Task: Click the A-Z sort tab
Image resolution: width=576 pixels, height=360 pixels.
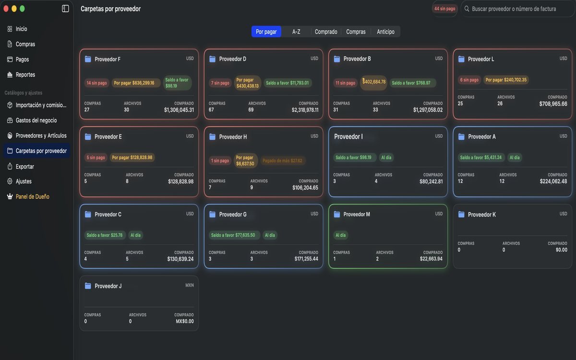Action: (x=296, y=32)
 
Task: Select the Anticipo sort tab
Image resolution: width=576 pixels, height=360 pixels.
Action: (x=385, y=32)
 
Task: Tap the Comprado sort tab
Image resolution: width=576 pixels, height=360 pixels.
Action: (x=326, y=32)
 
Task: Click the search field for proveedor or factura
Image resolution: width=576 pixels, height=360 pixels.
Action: (x=517, y=9)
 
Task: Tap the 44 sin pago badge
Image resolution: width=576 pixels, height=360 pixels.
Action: (x=444, y=9)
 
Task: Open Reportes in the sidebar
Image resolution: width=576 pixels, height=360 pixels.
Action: (x=25, y=74)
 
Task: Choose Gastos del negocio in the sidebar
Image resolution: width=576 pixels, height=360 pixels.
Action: (x=36, y=120)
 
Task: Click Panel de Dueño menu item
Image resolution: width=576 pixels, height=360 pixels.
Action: (x=33, y=197)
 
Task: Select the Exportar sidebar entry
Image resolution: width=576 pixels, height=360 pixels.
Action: (x=24, y=167)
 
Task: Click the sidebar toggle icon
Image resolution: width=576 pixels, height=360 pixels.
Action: (x=65, y=9)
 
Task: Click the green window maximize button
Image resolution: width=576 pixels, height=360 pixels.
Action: (x=23, y=9)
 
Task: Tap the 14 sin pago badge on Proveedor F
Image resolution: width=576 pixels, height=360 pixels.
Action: (x=96, y=83)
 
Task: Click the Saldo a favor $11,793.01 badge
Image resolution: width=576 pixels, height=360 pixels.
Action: (x=287, y=83)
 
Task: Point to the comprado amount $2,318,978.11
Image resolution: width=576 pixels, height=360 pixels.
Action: (x=305, y=110)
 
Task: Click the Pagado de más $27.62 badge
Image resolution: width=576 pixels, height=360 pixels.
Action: (x=282, y=161)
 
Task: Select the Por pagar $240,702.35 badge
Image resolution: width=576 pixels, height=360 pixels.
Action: (x=506, y=80)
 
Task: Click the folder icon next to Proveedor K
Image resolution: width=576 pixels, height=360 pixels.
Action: (x=461, y=215)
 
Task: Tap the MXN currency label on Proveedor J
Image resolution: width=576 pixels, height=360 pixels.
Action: (x=190, y=285)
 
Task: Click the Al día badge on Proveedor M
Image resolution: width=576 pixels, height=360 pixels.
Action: (x=341, y=235)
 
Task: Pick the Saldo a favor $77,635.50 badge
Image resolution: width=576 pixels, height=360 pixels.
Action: (x=233, y=235)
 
